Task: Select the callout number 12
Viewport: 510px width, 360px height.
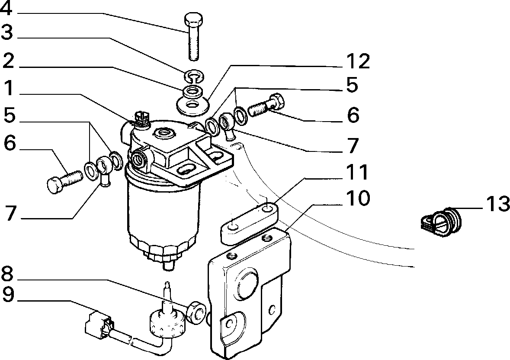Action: [x=356, y=61]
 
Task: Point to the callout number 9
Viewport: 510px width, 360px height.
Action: [x=8, y=295]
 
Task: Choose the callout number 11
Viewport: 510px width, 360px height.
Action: [x=356, y=172]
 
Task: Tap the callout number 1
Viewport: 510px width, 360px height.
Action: [x=9, y=88]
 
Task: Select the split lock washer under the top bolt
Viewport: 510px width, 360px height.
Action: [x=194, y=76]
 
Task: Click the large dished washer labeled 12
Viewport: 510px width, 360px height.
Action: [x=192, y=105]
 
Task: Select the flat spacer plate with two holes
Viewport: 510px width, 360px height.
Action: [x=249, y=223]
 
